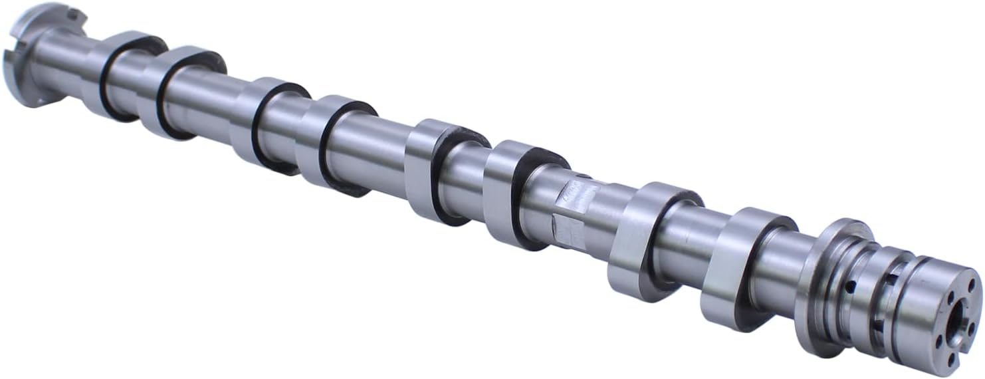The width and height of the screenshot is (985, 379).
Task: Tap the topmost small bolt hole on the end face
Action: tap(971, 285)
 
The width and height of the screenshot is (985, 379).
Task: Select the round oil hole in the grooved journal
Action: tap(850, 287)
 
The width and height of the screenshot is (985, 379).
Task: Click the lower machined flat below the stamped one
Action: tap(569, 233)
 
